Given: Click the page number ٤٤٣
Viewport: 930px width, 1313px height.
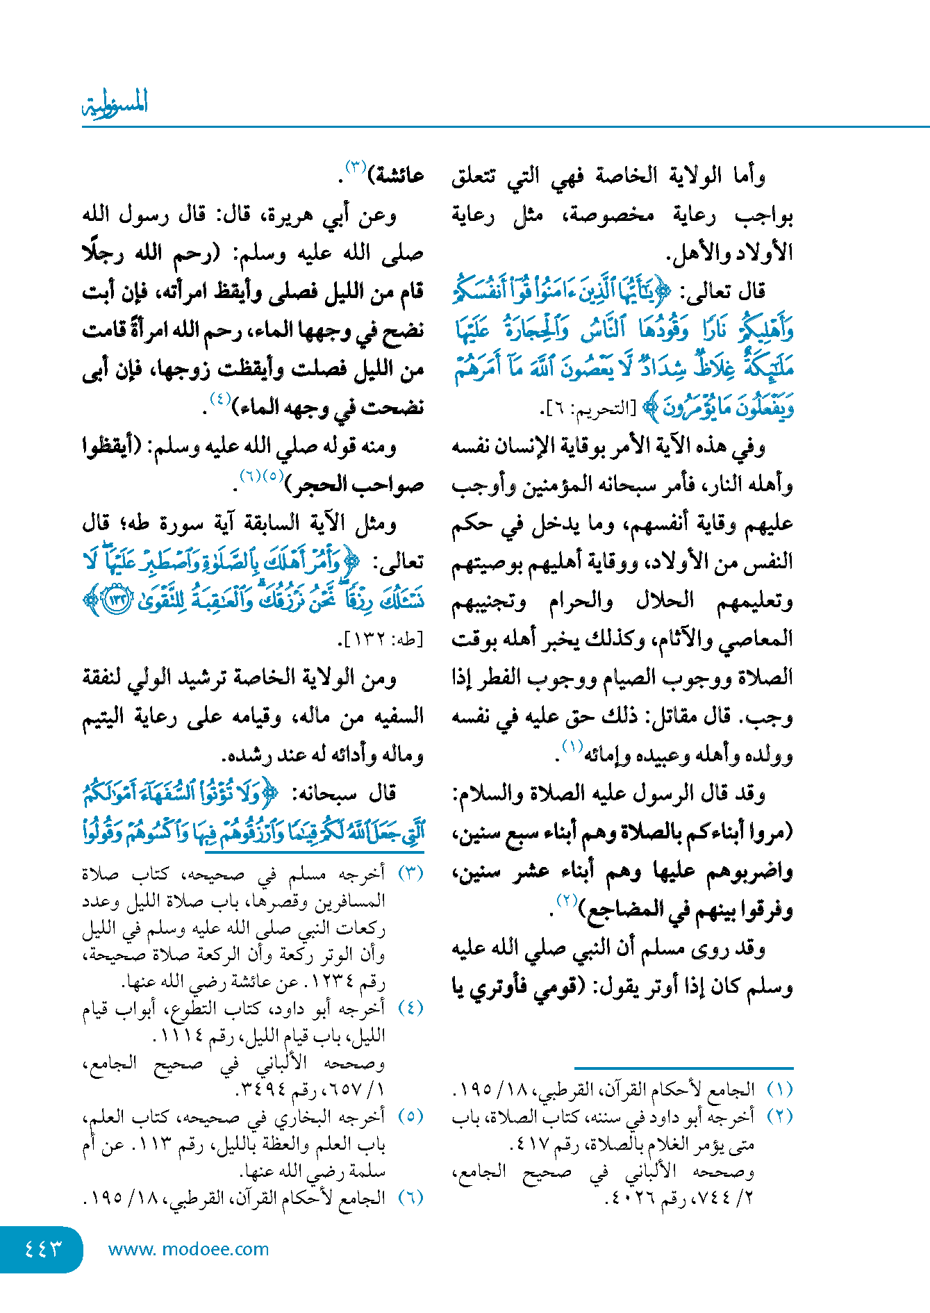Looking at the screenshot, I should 43,1248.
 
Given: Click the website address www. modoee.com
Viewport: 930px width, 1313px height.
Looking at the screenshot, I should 188,1249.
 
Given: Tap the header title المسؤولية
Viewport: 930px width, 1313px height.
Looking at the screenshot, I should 115,104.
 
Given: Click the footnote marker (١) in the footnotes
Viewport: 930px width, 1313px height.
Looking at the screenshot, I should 780,1089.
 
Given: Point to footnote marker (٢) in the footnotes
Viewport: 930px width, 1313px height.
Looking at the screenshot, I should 780,1116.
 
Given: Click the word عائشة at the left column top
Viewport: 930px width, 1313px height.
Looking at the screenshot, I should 397,175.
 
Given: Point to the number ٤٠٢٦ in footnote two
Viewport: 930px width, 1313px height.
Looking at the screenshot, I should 629,1198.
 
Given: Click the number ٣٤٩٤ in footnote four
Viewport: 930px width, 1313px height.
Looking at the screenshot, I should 260,1089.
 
